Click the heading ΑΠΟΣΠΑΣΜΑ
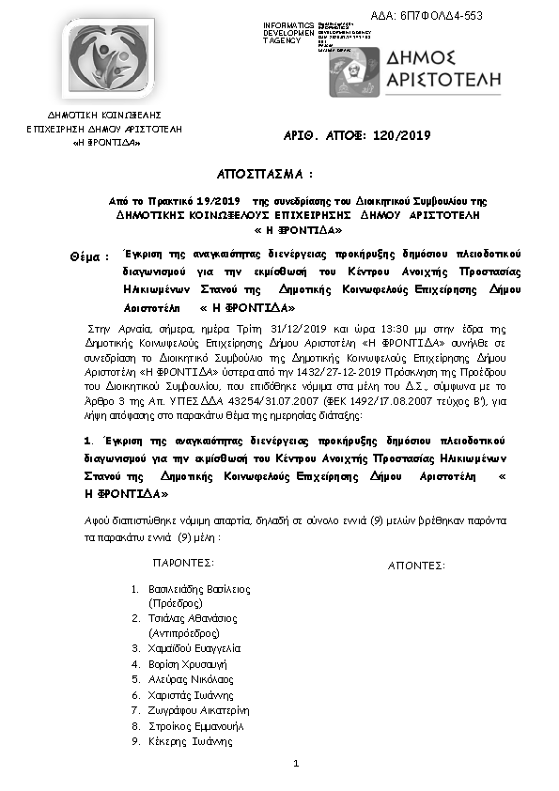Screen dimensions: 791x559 (262, 175)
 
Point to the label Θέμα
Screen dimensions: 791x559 (89, 256)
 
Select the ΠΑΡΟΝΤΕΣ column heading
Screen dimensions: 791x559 (182, 563)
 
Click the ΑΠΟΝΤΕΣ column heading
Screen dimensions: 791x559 (416, 566)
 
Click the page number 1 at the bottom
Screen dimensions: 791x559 (295, 763)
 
